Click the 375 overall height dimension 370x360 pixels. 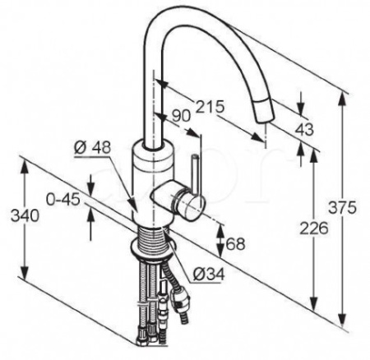[x=343, y=207]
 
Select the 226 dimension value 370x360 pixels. [x=314, y=228]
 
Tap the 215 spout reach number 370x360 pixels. [x=209, y=106]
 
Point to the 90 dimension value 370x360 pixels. [x=181, y=116]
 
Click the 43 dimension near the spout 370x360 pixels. [x=304, y=129]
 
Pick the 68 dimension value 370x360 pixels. [x=235, y=243]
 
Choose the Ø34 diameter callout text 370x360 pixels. [x=209, y=274]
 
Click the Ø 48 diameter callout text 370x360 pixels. [x=93, y=147]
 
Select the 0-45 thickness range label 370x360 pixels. [x=63, y=199]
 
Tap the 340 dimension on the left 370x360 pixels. [x=25, y=216]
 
